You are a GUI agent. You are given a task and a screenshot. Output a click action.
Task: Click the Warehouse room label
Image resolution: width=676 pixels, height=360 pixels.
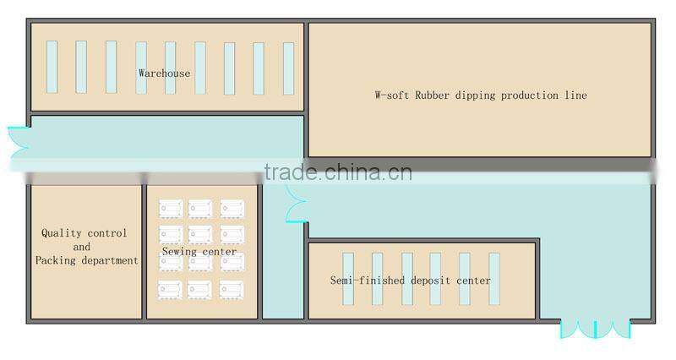pos(165,74)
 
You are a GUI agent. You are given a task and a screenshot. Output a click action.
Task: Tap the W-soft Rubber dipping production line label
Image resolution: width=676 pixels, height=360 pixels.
pos(480,95)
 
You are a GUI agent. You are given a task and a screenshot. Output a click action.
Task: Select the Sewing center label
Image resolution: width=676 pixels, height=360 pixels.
pos(199,252)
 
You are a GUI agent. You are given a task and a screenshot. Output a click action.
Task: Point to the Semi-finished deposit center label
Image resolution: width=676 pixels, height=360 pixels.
pos(410,281)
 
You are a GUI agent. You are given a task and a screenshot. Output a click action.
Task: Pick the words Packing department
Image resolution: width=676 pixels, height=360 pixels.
pos(86,261)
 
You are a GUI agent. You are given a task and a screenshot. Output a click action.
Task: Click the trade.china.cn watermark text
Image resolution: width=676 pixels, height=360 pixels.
pos(338,173)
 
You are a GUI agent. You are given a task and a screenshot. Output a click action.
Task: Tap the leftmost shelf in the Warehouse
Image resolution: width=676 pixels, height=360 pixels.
pos(52,68)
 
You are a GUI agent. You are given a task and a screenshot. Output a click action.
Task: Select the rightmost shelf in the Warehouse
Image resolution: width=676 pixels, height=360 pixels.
pos(288,68)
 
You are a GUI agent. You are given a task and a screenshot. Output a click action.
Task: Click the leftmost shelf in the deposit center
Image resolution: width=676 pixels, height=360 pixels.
pos(347,279)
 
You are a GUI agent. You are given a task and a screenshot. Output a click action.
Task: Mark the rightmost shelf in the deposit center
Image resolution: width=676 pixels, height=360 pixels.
pos(494,279)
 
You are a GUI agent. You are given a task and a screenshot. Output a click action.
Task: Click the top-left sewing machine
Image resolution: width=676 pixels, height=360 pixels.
pos(170,208)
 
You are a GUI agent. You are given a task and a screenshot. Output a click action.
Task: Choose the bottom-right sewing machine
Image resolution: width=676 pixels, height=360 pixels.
pos(232,289)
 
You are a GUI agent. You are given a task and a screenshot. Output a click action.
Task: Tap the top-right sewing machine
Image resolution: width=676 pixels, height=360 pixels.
pos(232,208)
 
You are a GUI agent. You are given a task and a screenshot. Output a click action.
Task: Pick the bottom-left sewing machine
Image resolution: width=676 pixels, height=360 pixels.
pos(170,289)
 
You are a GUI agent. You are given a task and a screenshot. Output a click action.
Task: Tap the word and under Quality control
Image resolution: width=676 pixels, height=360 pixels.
pos(82,247)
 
